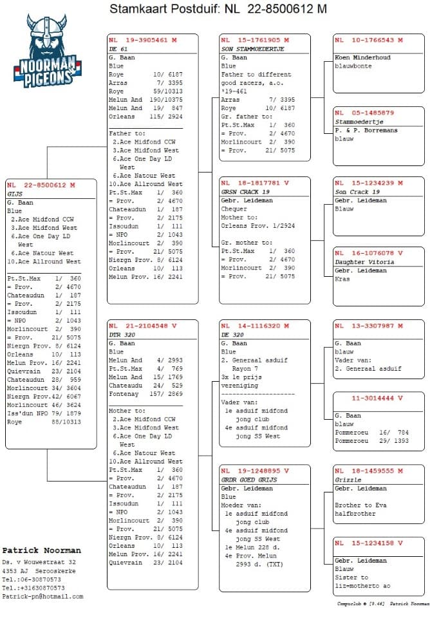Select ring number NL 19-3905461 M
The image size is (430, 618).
coord(142,40)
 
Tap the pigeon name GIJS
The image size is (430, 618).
coord(15,193)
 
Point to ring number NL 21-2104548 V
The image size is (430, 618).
coord(142,326)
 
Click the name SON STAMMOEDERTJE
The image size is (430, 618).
coord(252,48)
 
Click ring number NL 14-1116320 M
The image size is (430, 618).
coord(254,326)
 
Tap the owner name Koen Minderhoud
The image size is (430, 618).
coord(362,57)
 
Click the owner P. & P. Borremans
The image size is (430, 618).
coord(366,130)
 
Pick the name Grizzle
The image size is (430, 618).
coord(348,480)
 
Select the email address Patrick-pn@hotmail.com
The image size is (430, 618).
coord(42,596)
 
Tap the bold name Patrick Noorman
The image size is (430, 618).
coord(42,550)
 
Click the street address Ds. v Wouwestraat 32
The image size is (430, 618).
coord(39,562)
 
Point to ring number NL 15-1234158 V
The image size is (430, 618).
coord(369,543)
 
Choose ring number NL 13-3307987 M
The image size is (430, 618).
coord(369,326)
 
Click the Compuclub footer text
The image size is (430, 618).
coord(383,604)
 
